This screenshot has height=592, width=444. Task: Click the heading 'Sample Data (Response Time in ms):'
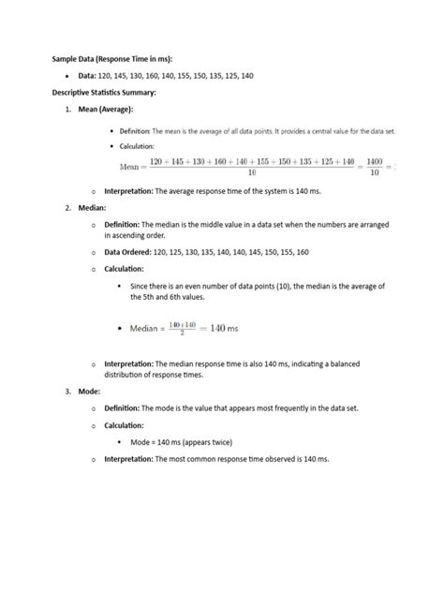click(119, 58)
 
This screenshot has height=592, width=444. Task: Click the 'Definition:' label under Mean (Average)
click(138, 131)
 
